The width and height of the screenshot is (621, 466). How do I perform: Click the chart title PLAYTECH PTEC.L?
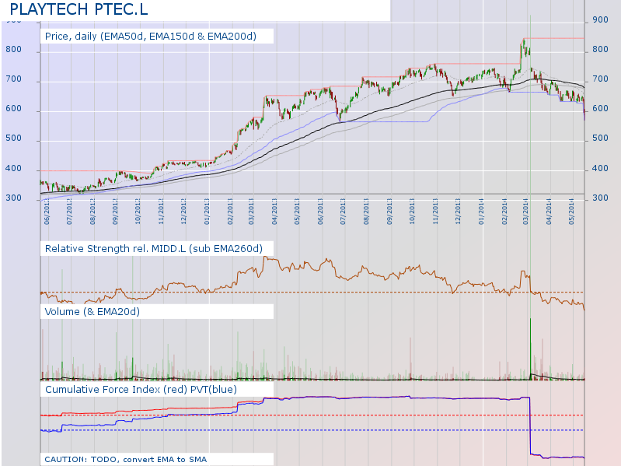(77, 10)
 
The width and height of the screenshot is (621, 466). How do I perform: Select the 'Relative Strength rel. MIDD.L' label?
(154, 248)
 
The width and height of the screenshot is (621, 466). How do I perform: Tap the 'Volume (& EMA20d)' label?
(92, 311)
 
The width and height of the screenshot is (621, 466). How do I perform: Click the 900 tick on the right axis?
(599, 20)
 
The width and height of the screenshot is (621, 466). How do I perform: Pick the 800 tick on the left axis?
(32, 51)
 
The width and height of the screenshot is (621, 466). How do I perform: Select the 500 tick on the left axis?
(32, 140)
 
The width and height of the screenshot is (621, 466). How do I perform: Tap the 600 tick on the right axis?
(599, 110)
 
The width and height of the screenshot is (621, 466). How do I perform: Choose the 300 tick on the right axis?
(599, 198)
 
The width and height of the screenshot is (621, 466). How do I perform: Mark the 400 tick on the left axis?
(32, 170)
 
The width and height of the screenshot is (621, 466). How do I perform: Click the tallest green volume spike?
(530, 342)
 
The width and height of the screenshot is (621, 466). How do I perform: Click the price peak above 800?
(524, 40)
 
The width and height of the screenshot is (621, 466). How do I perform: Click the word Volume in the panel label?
(63, 311)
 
